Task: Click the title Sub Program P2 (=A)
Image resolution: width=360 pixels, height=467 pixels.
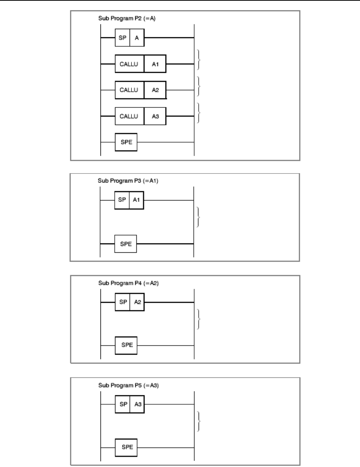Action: pyautogui.click(x=127, y=18)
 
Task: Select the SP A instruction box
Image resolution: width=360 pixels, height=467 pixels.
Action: pyautogui.click(x=130, y=38)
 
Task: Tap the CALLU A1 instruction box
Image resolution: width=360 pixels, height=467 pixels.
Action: pyautogui.click(x=140, y=64)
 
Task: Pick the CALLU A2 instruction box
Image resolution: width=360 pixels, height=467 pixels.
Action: pyautogui.click(x=140, y=90)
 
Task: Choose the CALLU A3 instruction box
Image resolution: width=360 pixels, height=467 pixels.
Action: pyautogui.click(x=140, y=116)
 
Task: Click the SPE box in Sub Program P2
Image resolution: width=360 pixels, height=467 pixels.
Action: pyautogui.click(x=126, y=142)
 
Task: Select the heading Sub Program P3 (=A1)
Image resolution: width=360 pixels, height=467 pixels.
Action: pyautogui.click(x=128, y=181)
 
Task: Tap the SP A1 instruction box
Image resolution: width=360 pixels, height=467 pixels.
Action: pyautogui.click(x=129, y=200)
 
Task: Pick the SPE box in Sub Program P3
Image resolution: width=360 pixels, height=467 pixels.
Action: pyautogui.click(x=126, y=244)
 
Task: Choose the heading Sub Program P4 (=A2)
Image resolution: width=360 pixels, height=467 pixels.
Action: pyautogui.click(x=128, y=283)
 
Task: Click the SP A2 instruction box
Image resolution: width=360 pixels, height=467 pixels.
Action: pyautogui.click(x=130, y=302)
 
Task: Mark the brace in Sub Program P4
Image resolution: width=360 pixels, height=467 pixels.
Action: pyautogui.click(x=199, y=319)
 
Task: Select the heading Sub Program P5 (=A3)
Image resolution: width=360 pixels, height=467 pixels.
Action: pyautogui.click(x=128, y=385)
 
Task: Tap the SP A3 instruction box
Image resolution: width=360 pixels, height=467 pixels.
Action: pyautogui.click(x=130, y=404)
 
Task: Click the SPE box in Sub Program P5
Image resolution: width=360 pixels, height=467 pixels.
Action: pyautogui.click(x=127, y=447)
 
